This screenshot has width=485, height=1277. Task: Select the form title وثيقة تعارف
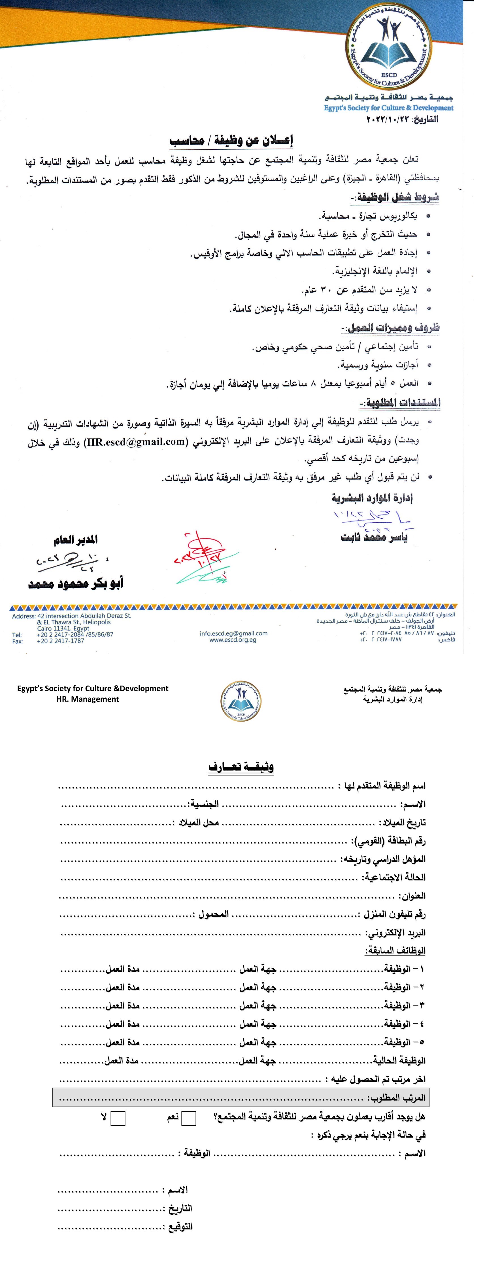241,767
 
